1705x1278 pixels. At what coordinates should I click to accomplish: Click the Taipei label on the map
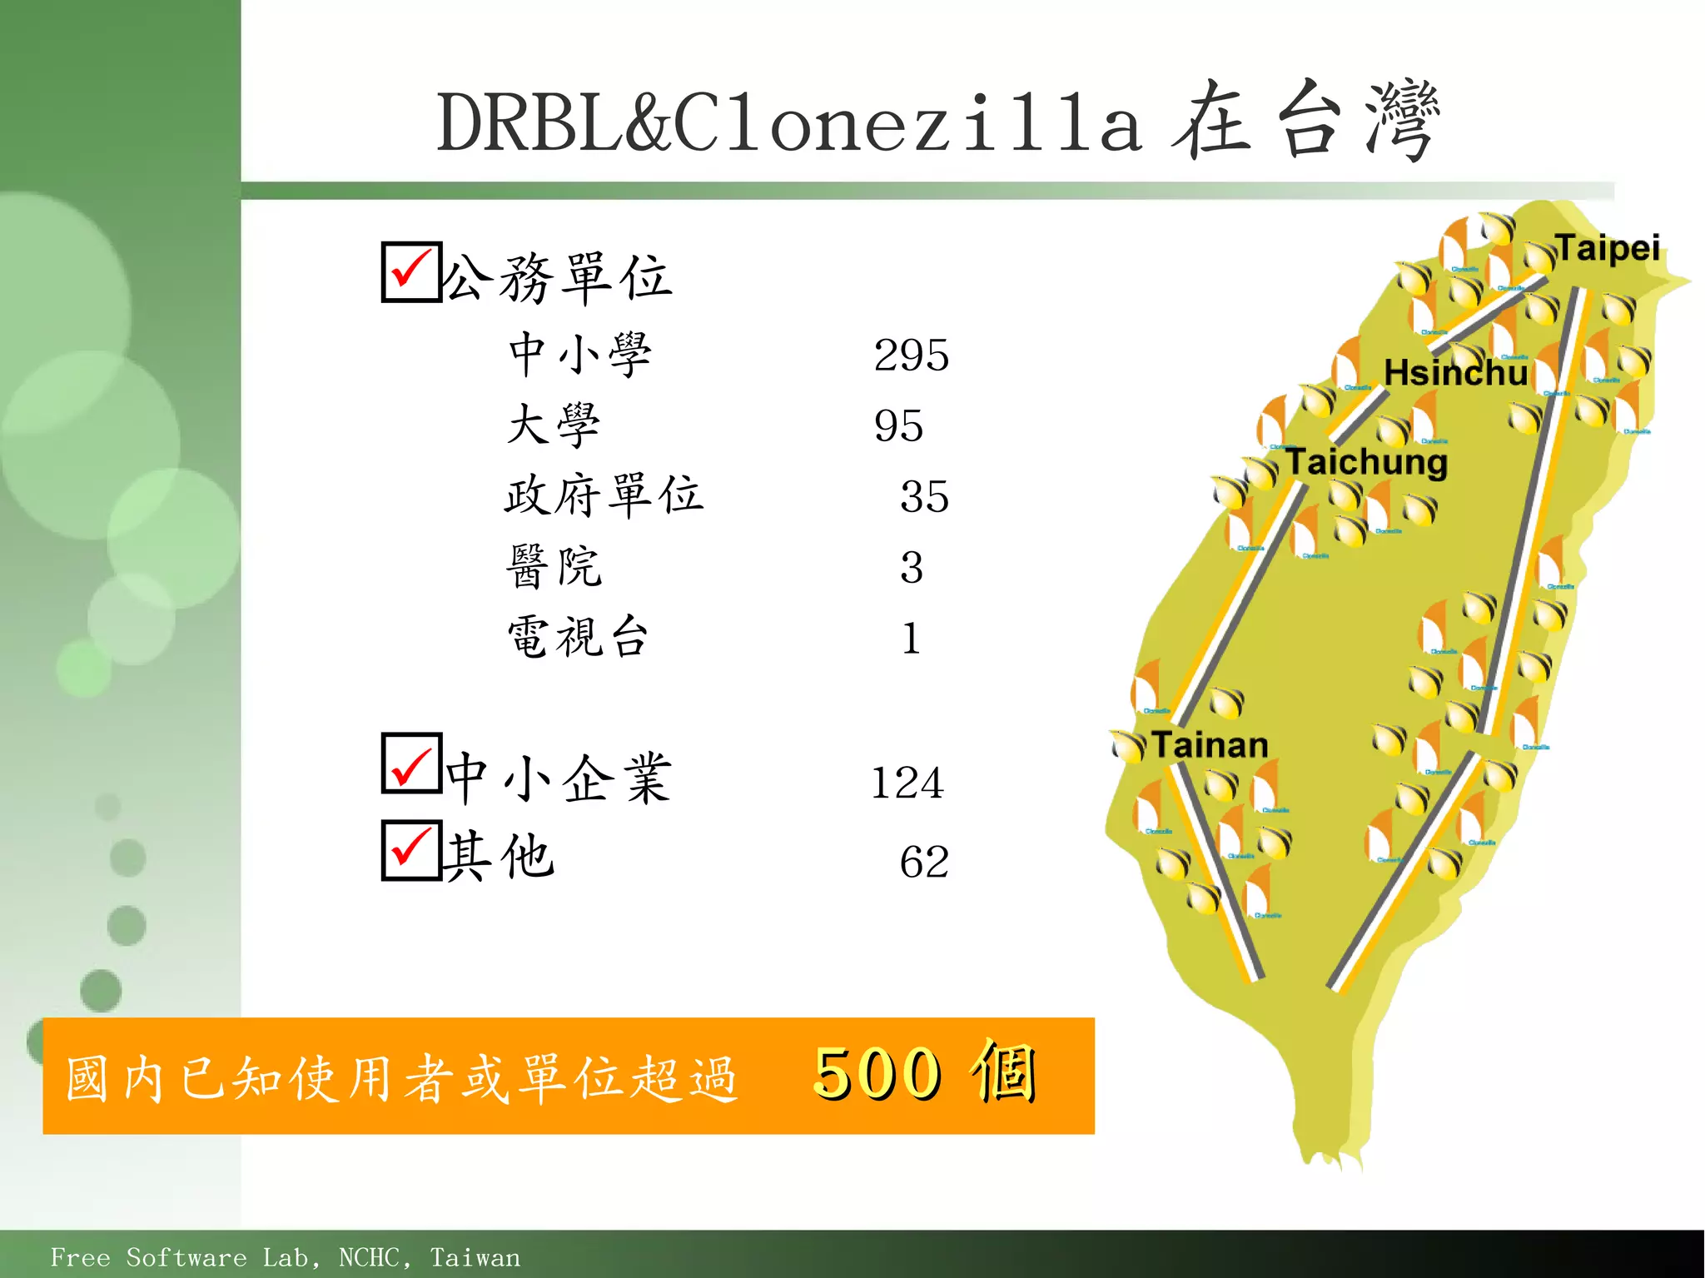(1607, 248)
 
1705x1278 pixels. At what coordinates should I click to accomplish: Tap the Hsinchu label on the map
(1455, 372)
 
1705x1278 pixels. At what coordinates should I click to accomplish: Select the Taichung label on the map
(1366, 462)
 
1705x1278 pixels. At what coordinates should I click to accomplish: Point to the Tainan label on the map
(1210, 745)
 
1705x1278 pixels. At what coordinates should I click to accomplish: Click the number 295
(911, 356)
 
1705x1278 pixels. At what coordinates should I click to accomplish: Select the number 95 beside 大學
(898, 426)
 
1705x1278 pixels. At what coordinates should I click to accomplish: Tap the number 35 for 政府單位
(924, 497)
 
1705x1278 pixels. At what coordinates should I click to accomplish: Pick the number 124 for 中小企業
(907, 783)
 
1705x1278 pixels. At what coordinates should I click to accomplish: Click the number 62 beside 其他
(924, 862)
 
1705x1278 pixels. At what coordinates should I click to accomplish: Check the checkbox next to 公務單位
(411, 271)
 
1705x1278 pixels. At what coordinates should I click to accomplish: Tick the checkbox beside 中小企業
(411, 763)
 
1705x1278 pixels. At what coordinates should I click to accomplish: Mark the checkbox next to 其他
(411, 850)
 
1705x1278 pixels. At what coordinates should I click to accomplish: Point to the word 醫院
(554, 567)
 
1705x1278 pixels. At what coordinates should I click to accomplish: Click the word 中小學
(580, 355)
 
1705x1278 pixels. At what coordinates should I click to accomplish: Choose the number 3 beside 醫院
(912, 568)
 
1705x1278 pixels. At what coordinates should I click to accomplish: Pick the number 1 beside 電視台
(912, 639)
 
